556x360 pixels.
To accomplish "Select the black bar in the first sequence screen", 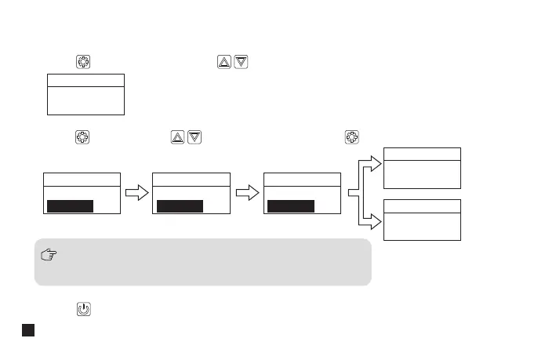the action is tap(70, 206).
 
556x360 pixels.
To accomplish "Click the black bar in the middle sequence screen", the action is tap(180, 206).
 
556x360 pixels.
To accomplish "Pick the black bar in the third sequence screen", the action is tap(291, 206).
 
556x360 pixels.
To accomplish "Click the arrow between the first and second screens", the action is tap(136, 193).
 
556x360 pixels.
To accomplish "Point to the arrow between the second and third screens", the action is tap(248, 193).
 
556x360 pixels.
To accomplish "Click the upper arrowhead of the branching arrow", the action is tap(375, 163).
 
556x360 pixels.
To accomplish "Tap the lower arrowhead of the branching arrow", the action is tap(375, 222).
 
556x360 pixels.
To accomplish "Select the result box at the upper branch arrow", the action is tap(422, 168).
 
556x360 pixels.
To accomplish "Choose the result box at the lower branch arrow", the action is tap(422, 220).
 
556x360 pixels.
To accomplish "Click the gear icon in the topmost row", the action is tap(83, 62).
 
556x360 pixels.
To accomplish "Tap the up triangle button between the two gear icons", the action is tap(177, 137).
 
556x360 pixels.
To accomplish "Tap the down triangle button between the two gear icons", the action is tap(194, 137).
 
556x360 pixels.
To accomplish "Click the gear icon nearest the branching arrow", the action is tap(351, 137).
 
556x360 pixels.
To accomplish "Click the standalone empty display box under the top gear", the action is tap(86, 94).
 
